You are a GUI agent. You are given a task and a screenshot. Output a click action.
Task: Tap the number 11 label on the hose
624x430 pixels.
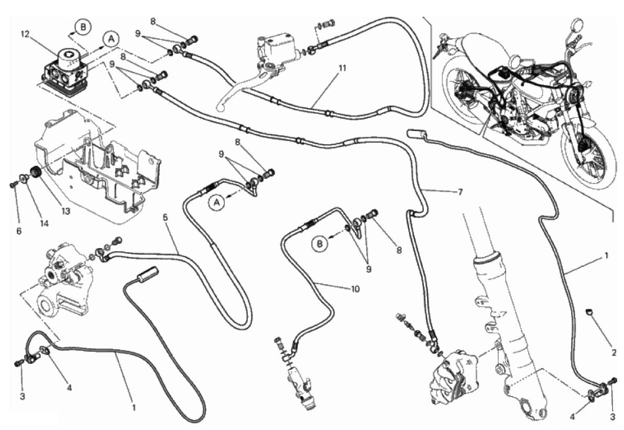coord(341,68)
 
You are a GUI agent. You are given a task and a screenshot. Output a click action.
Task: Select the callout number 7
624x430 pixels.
coord(459,192)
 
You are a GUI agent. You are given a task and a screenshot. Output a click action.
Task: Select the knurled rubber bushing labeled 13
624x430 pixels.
coord(36,172)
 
